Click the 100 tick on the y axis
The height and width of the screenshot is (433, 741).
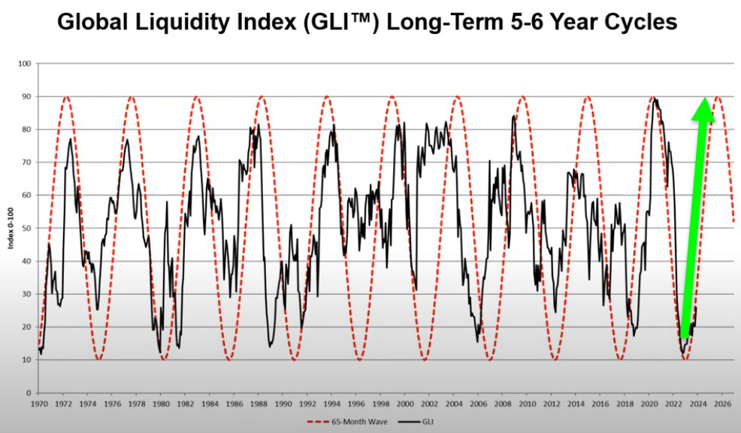23,64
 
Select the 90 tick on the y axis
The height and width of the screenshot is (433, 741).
26,97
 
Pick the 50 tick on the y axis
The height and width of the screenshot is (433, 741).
26,229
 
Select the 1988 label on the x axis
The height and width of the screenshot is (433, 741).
259,404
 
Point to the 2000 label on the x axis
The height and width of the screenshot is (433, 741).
405,404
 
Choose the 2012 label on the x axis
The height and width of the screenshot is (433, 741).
552,404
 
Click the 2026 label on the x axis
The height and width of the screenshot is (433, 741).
722,404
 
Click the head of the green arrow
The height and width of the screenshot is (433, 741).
704,109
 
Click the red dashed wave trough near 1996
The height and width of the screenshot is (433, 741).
359,359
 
